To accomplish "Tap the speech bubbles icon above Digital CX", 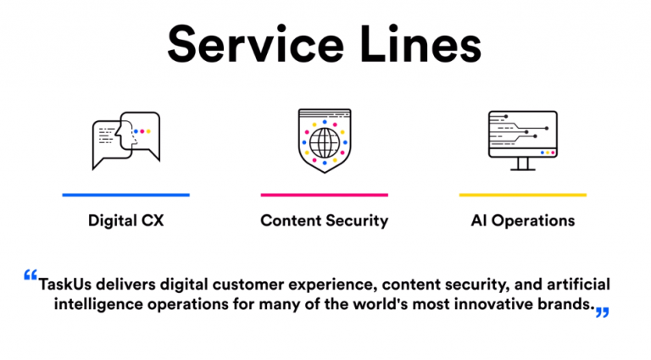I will pyautogui.click(x=125, y=139).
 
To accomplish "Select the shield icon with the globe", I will pyautogui.click(x=325, y=141).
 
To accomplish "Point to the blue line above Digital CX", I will pyautogui.click(x=125, y=195).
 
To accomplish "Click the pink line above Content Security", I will pyautogui.click(x=325, y=195).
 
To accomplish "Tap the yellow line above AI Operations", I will pyautogui.click(x=522, y=195).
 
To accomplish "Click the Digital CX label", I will pyautogui.click(x=125, y=221).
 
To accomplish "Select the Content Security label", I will pyautogui.click(x=325, y=221).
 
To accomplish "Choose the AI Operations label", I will pyautogui.click(x=522, y=221).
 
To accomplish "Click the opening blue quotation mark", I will pyautogui.click(x=31, y=276).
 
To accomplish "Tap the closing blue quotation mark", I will pyautogui.click(x=602, y=313).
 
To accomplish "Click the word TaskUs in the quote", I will pyautogui.click(x=66, y=285).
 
